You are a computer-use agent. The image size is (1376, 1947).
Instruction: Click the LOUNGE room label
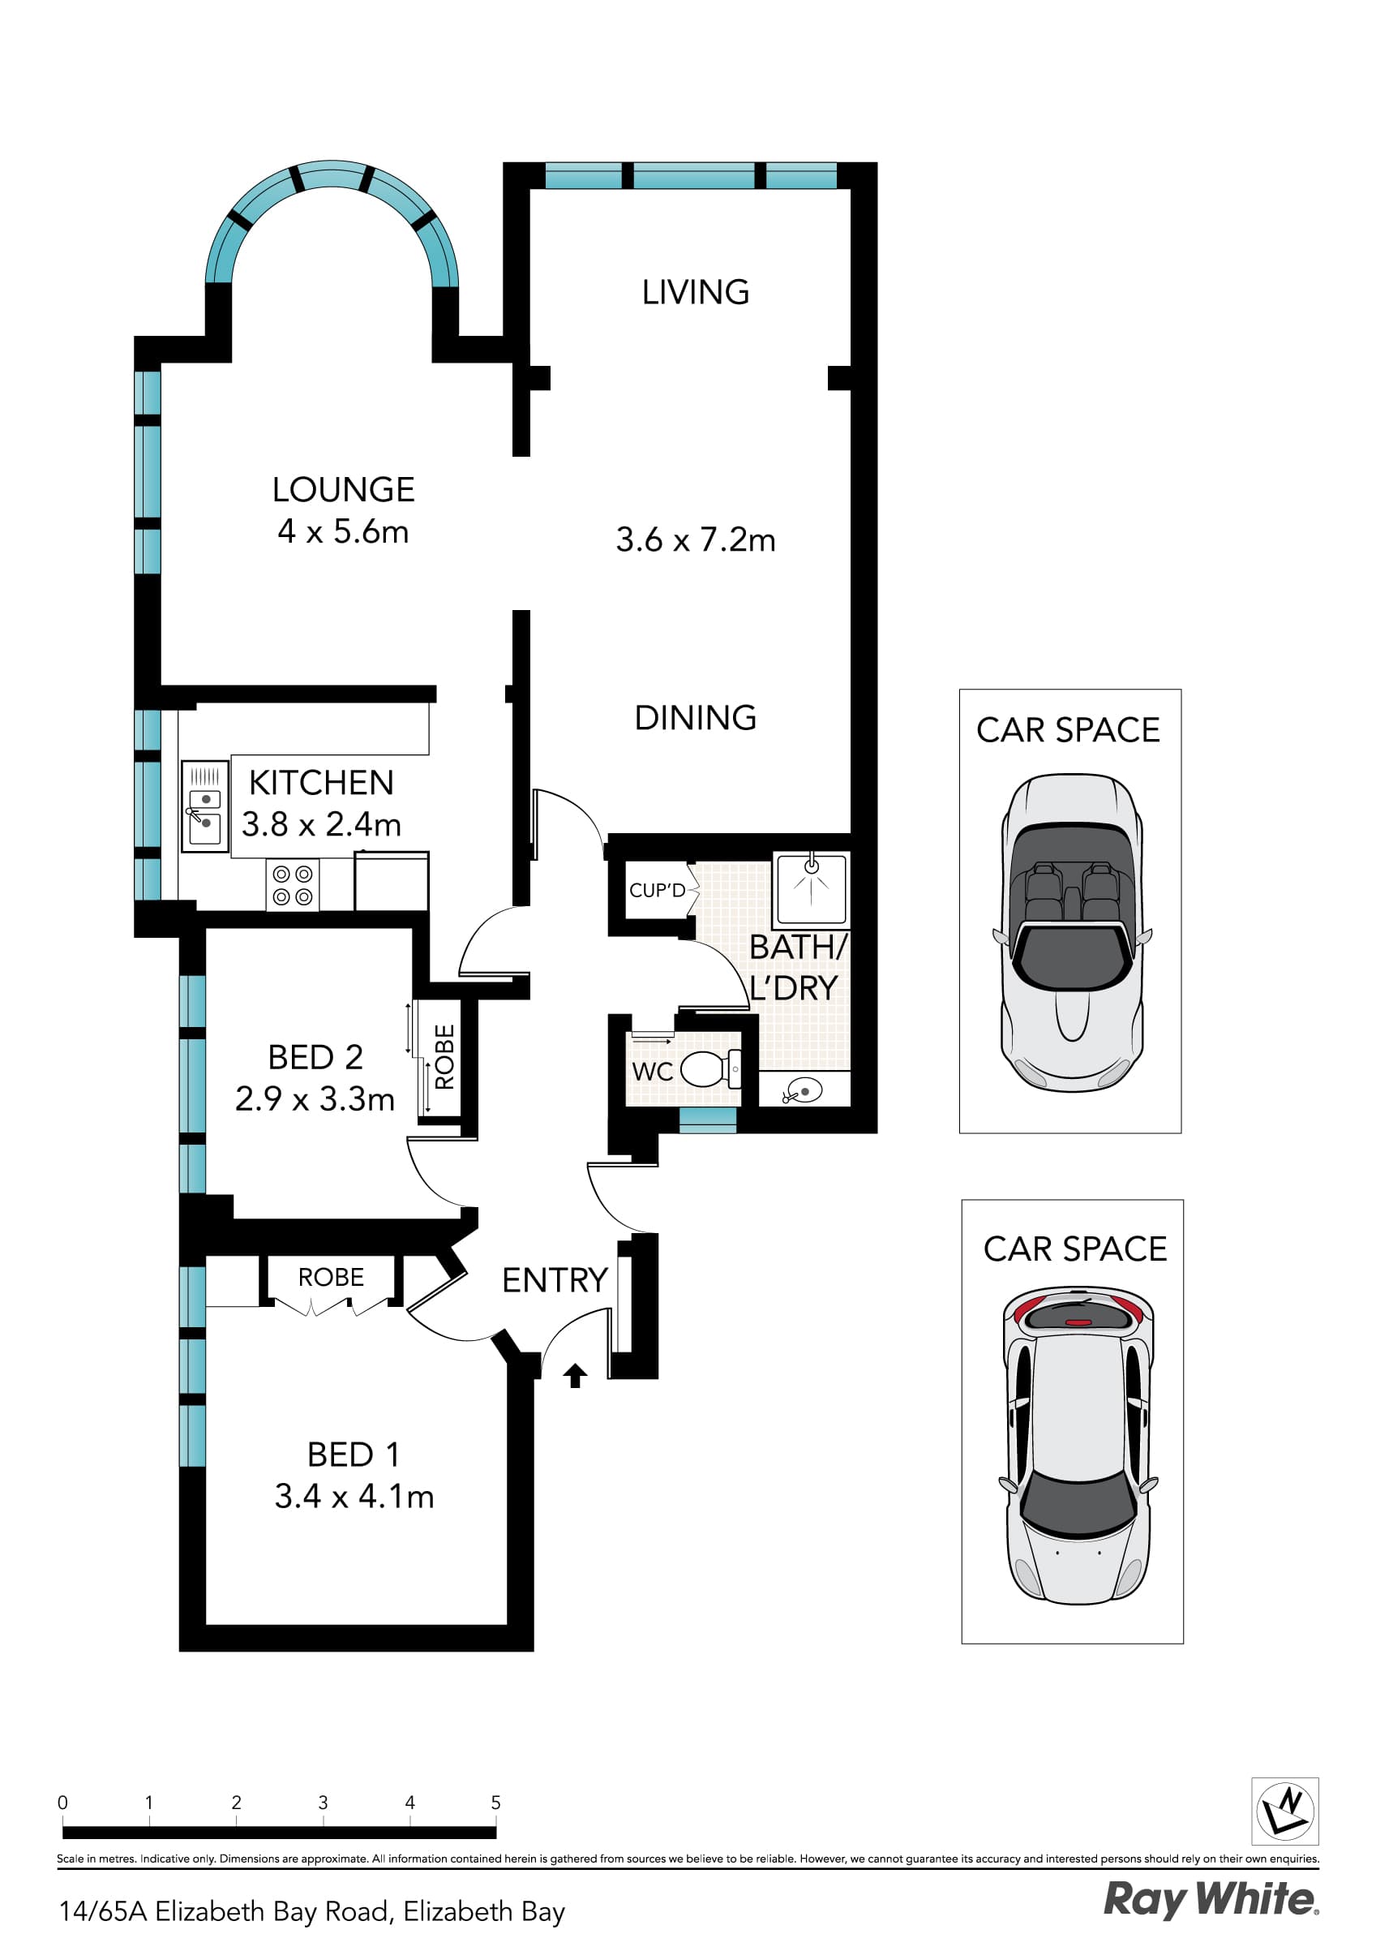click(342, 489)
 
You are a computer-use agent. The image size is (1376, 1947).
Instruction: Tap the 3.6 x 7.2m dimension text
click(695, 539)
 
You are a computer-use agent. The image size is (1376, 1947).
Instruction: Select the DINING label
click(695, 717)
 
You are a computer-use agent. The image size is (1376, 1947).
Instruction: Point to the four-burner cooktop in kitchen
click(293, 885)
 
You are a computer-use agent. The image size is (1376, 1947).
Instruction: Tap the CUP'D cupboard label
click(656, 891)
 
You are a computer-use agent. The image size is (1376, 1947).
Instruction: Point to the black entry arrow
click(575, 1374)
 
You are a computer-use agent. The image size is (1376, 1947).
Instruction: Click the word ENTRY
click(555, 1280)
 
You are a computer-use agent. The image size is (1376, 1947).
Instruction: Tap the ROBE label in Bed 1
click(331, 1277)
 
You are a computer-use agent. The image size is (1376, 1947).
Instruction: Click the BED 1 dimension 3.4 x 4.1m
click(354, 1497)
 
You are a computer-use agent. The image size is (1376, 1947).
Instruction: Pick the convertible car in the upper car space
click(1072, 933)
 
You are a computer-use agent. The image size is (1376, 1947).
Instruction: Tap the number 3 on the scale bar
click(323, 1803)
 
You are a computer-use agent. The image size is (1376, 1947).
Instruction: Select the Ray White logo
click(1210, 1901)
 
